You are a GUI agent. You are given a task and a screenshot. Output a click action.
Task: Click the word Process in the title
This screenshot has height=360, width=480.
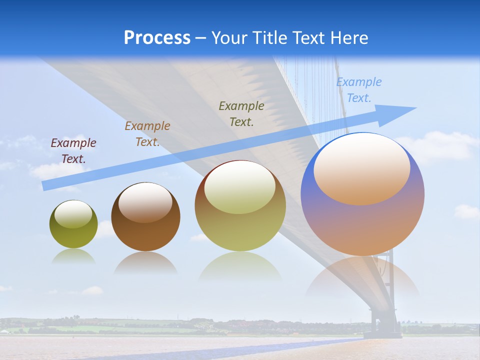point(157,38)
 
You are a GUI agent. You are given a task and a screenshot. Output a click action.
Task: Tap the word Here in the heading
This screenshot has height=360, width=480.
point(347,38)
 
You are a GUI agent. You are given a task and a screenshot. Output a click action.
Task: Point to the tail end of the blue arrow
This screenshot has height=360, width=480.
point(44,186)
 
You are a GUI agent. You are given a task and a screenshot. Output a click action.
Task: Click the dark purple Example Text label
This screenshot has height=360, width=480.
point(73,151)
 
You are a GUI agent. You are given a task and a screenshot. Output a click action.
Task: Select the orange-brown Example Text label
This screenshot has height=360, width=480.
point(147,134)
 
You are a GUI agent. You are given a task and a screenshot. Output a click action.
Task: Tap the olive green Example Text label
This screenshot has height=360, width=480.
point(241,113)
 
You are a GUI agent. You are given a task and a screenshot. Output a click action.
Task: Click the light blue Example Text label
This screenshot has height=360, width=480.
point(359,90)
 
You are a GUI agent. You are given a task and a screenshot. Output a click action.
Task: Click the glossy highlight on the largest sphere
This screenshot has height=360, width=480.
point(361,169)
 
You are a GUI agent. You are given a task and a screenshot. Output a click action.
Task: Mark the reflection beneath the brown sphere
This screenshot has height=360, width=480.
point(145,262)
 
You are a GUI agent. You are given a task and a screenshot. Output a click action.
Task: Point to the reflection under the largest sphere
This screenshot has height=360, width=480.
point(362,277)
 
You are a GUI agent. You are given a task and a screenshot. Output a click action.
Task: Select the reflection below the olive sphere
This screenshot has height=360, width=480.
point(73,256)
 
